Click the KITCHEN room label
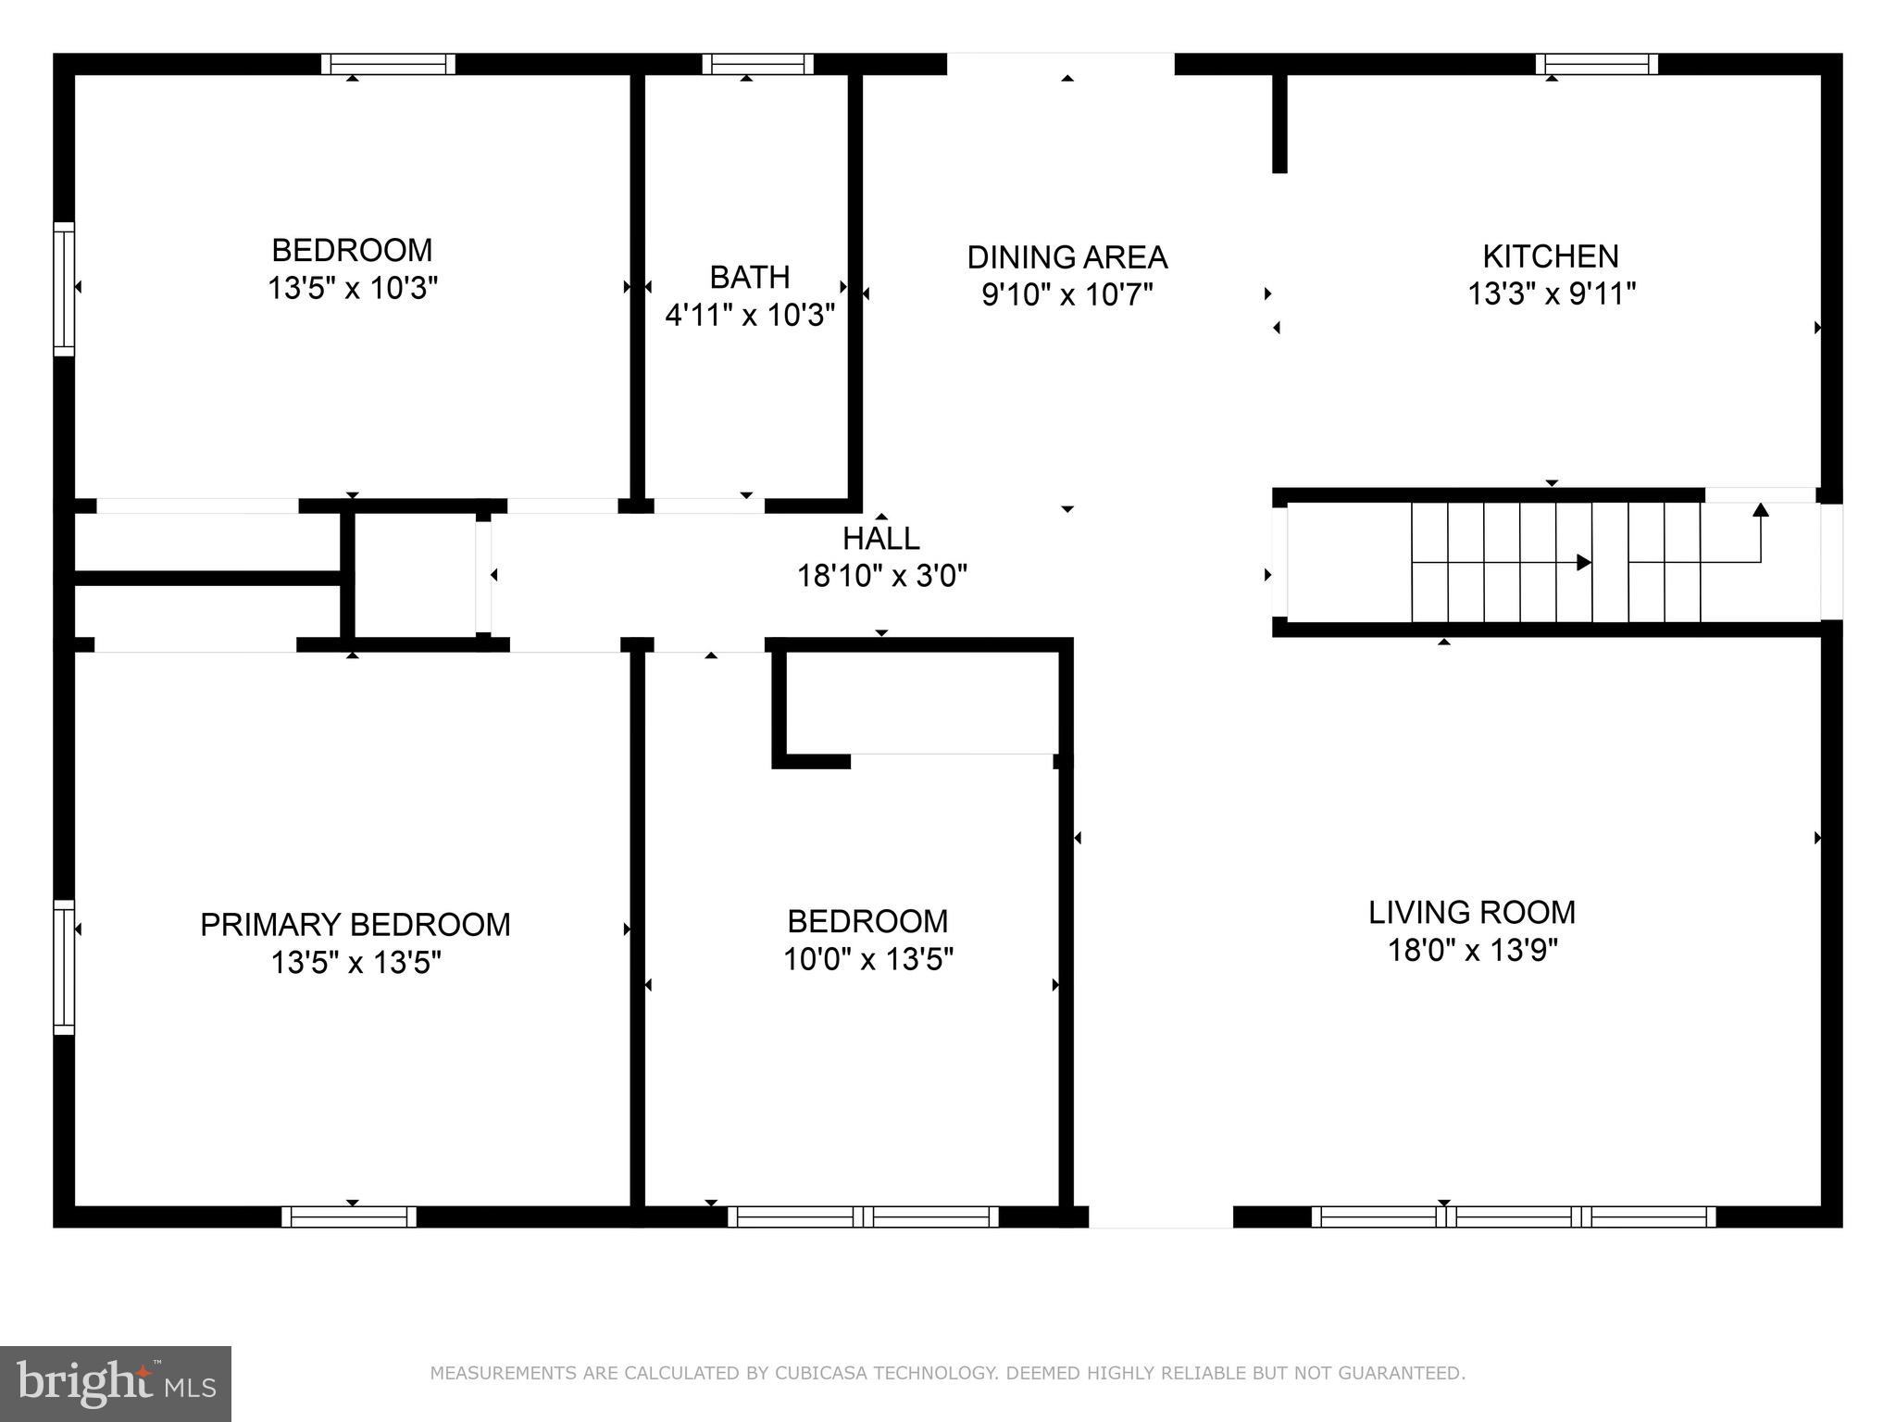click(x=1551, y=256)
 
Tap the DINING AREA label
click(x=1066, y=257)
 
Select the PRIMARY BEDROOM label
click(x=355, y=925)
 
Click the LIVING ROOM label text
click(x=1472, y=913)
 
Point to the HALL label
click(x=880, y=539)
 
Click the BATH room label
click(x=749, y=277)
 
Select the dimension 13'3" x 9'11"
click(x=1552, y=294)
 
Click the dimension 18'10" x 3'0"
click(x=881, y=577)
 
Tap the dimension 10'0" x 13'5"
click(x=867, y=960)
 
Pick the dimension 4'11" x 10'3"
click(x=750, y=316)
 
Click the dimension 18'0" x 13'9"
click(x=1472, y=951)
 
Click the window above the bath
click(x=757, y=64)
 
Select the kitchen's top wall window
click(x=1596, y=64)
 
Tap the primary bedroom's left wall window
click(x=63, y=967)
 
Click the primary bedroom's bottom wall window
click(x=349, y=1216)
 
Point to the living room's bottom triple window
click(x=1513, y=1216)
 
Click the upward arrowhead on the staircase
click(x=1760, y=510)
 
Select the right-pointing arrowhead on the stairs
click(x=1583, y=562)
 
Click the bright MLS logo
click(x=116, y=1383)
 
